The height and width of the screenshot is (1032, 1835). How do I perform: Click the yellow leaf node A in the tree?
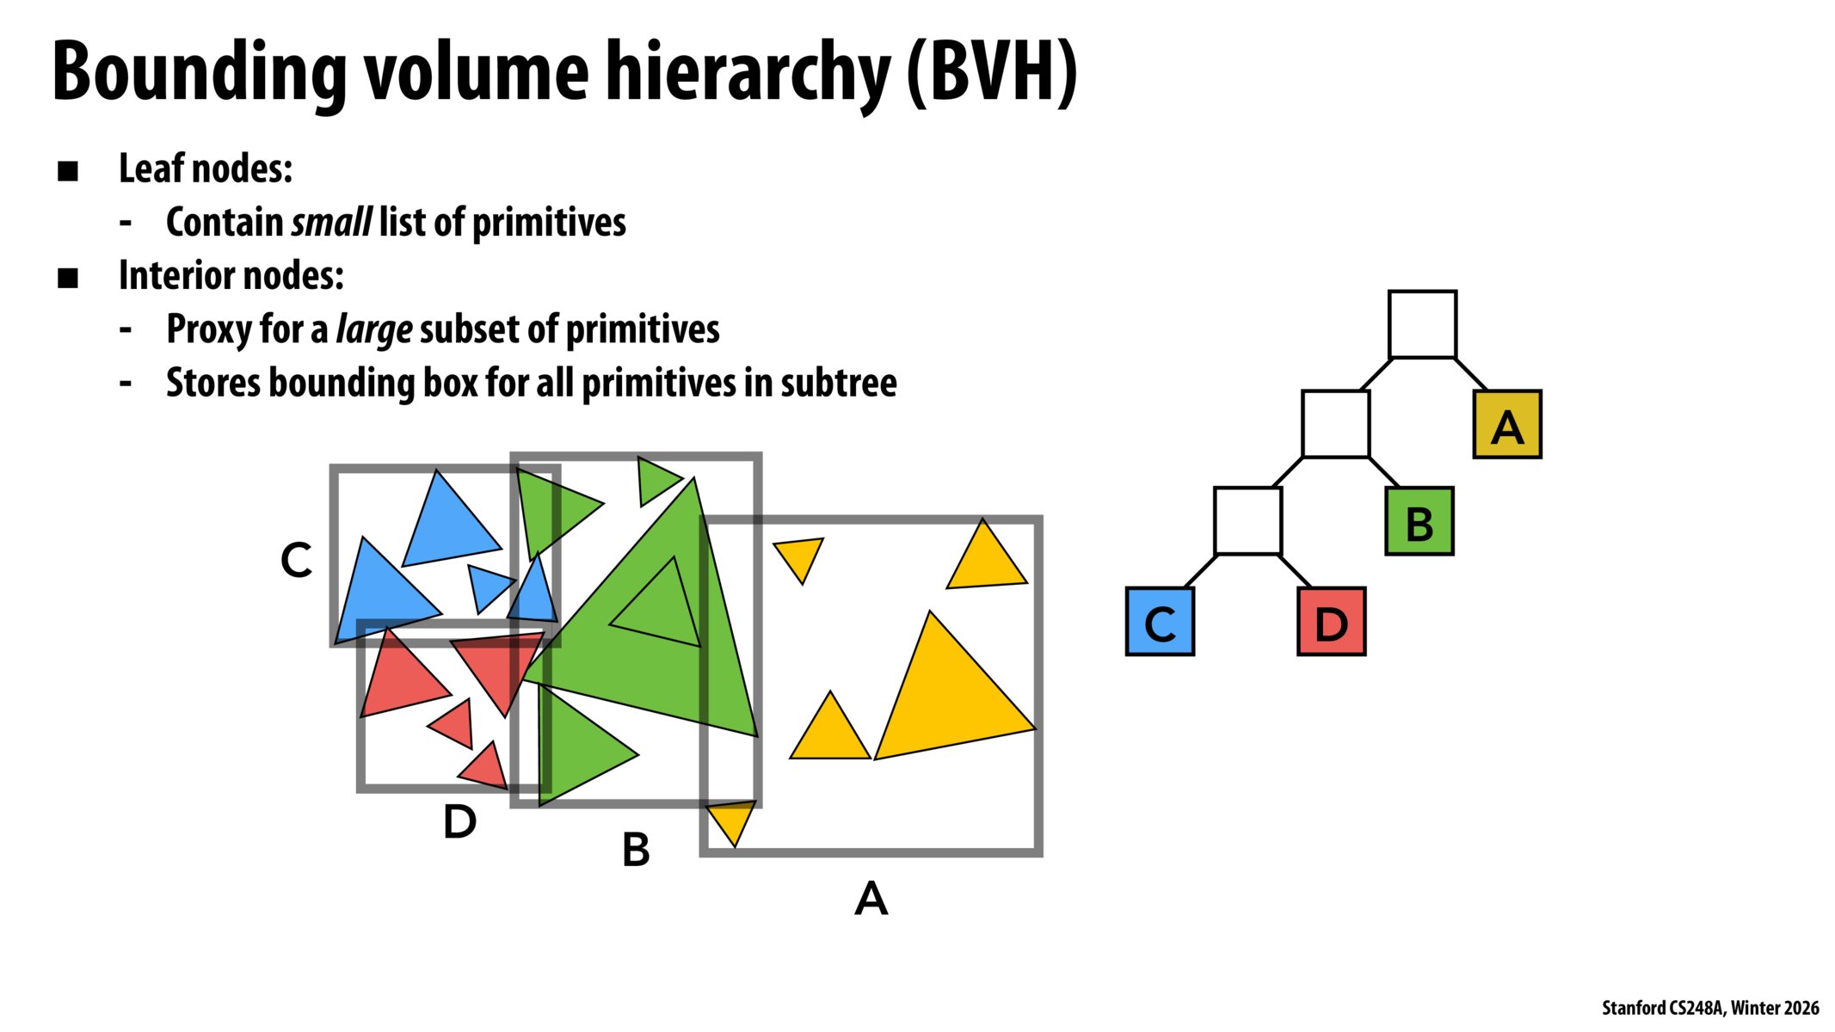(x=1506, y=424)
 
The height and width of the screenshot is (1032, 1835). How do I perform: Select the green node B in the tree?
(x=1419, y=522)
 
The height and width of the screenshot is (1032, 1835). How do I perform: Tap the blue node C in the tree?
(x=1159, y=622)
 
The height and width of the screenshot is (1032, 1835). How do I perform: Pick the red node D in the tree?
(x=1331, y=622)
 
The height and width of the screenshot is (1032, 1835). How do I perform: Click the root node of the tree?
(x=1422, y=324)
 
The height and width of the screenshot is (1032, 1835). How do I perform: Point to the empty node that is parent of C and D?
(x=1247, y=521)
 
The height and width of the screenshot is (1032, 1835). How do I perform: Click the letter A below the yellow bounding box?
(x=871, y=899)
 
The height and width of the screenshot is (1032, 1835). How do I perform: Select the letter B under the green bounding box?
(x=636, y=850)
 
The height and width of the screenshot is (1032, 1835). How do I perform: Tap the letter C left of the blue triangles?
(x=296, y=560)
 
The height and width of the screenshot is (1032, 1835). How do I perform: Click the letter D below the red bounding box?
(x=459, y=821)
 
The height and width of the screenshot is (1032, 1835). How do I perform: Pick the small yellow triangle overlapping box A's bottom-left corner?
(x=732, y=820)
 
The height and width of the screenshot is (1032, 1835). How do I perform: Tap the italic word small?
(x=331, y=223)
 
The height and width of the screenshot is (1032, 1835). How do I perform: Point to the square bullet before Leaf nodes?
(x=68, y=170)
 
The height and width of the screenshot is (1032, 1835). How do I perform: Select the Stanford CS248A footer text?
(x=1709, y=1008)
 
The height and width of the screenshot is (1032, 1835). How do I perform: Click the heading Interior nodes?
(x=231, y=276)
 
